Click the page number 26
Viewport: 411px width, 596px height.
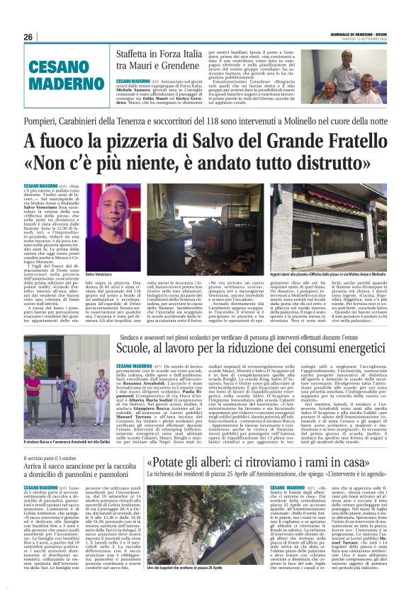tap(28, 37)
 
